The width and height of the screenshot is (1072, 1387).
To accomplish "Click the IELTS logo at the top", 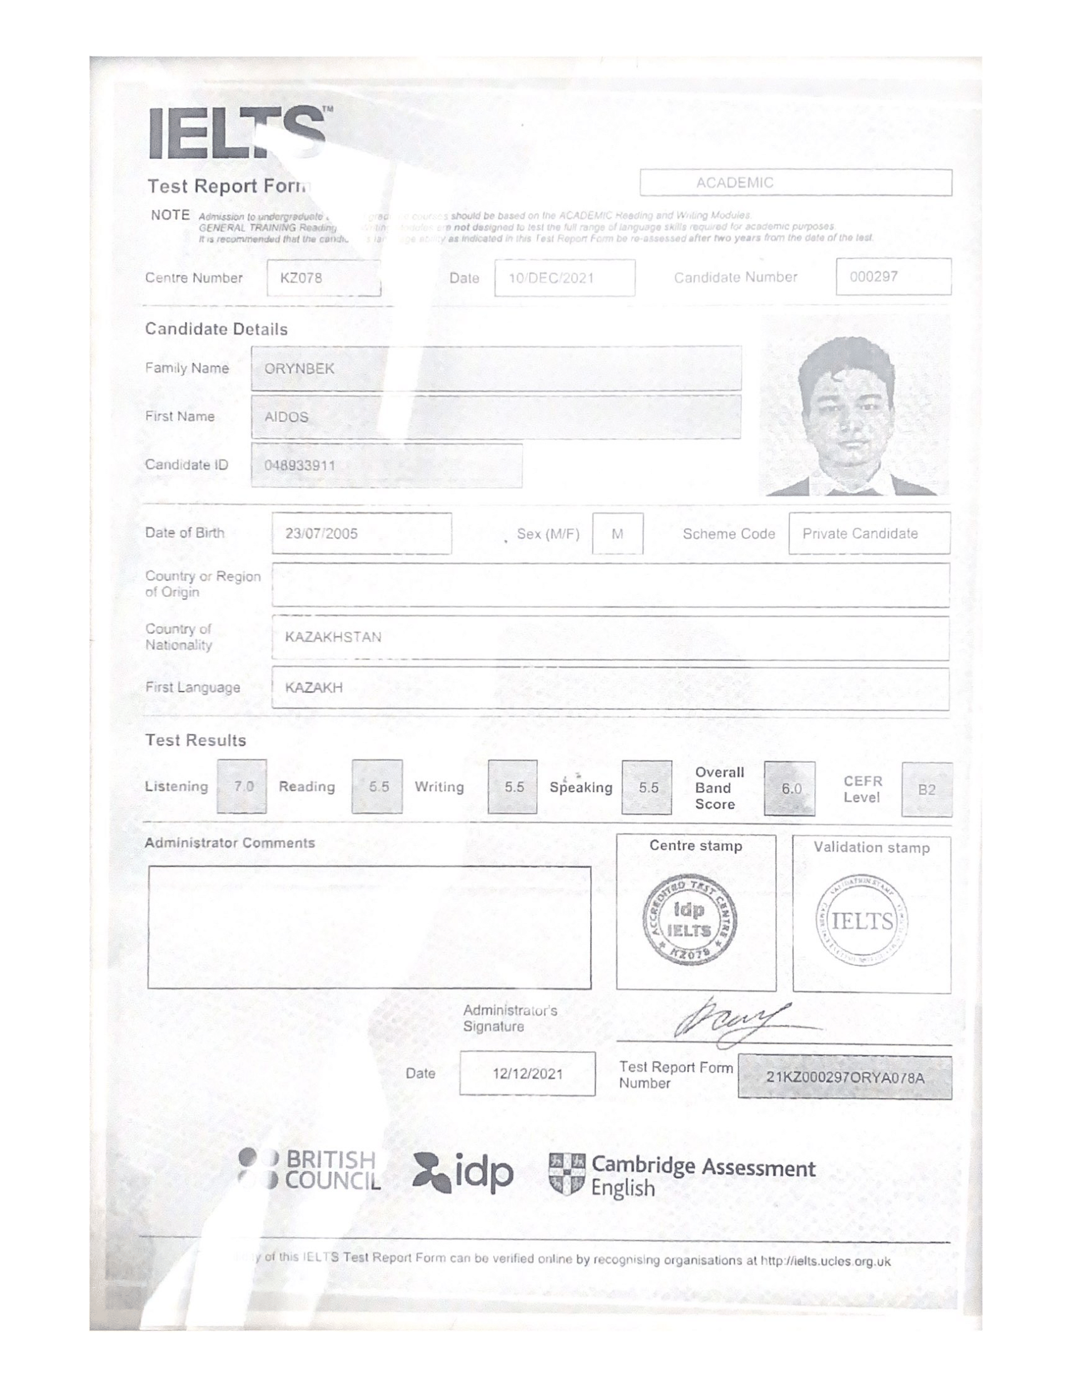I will click(x=238, y=133).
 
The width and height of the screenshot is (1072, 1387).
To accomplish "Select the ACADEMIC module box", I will click(x=795, y=183).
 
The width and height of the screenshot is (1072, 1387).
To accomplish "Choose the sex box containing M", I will click(x=617, y=534).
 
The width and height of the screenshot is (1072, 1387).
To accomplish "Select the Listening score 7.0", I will click(x=243, y=787).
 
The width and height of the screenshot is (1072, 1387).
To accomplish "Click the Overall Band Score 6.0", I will click(x=791, y=789).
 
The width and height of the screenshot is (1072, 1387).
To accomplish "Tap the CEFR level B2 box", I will click(x=926, y=789).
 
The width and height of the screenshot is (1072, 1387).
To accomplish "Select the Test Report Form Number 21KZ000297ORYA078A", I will click(x=844, y=1077).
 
